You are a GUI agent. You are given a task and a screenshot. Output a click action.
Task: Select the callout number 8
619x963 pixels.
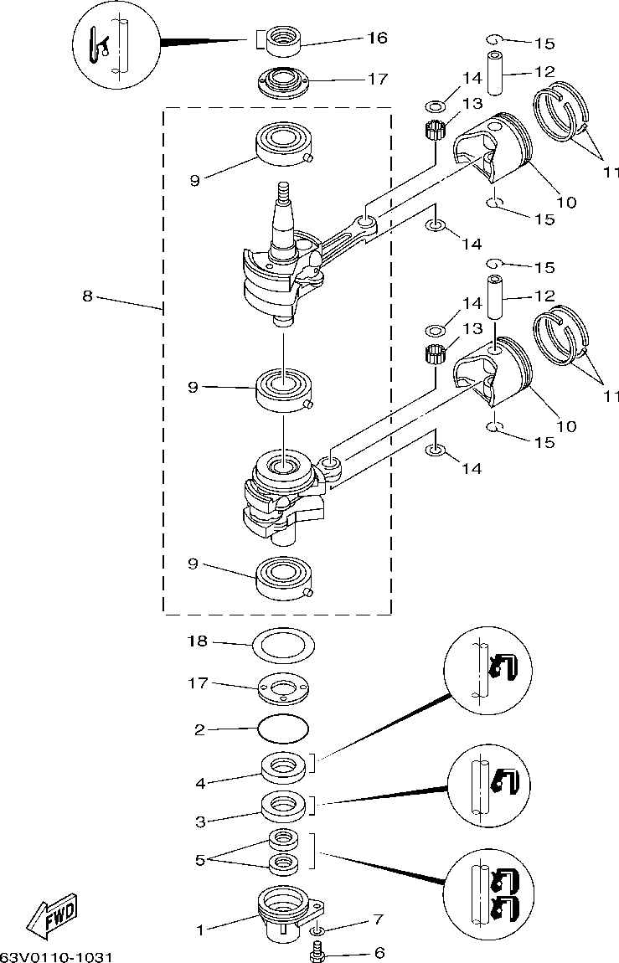click(x=88, y=296)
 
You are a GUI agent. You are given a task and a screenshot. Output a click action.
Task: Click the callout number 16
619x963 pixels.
click(x=377, y=38)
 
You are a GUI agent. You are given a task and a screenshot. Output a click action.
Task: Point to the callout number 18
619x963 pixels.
click(x=198, y=641)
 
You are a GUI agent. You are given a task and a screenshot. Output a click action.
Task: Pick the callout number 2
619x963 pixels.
click(x=199, y=729)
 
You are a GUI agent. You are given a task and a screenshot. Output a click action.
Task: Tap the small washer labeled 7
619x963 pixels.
click(x=317, y=927)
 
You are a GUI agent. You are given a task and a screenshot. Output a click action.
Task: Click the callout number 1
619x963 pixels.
click(x=199, y=931)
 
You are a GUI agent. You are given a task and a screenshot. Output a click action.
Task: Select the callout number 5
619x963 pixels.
click(x=200, y=861)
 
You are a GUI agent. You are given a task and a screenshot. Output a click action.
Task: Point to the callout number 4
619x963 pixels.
click(x=200, y=784)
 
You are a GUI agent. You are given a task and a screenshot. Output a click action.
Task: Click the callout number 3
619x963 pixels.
click(x=199, y=821)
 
